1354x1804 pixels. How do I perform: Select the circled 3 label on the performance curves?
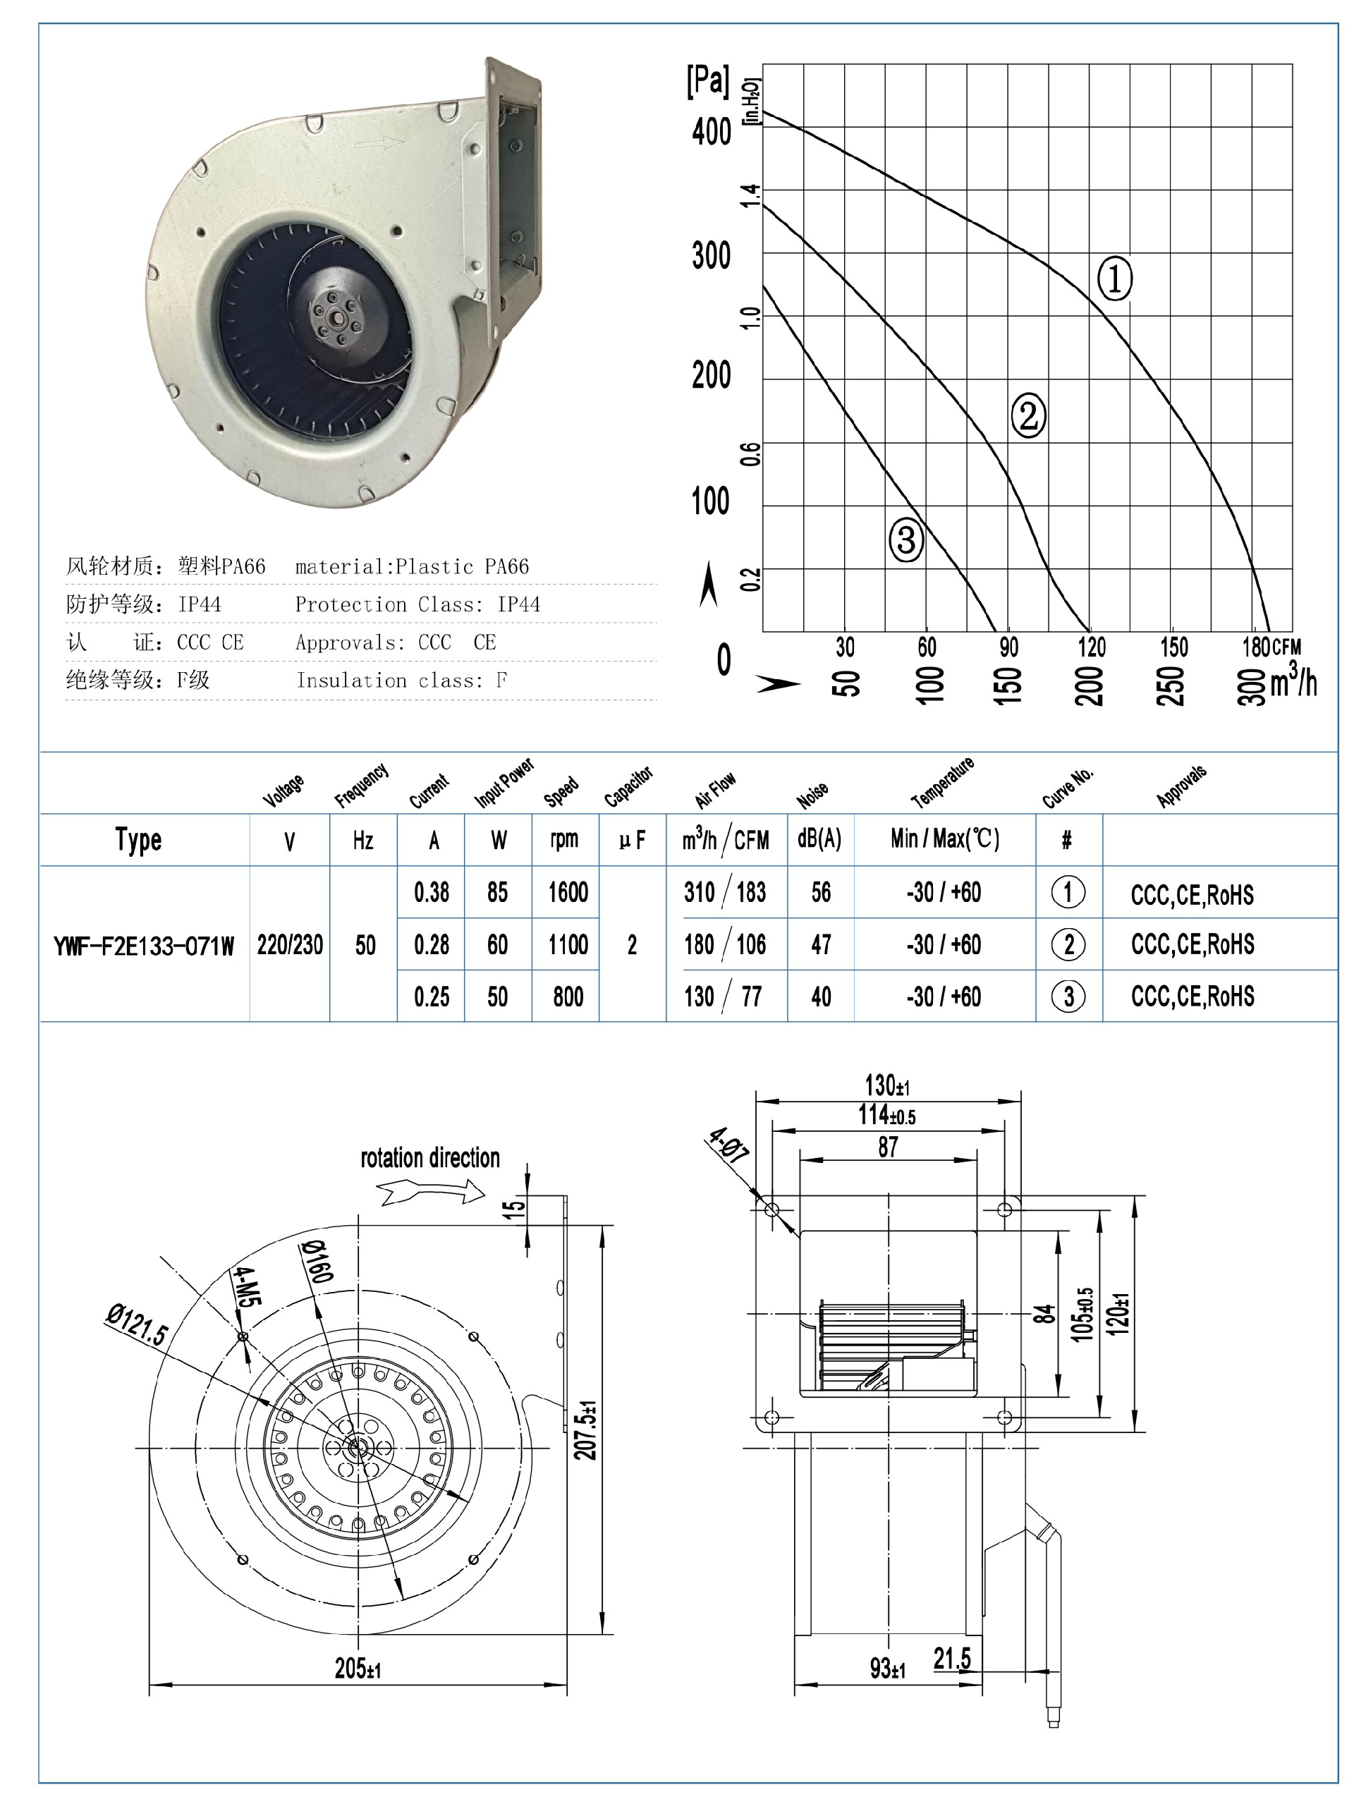coord(906,540)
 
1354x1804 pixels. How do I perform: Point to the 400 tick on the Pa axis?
coord(712,131)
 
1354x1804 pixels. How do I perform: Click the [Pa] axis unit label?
coord(707,82)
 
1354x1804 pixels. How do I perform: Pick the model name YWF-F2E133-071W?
coord(144,946)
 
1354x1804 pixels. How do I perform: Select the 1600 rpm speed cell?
coord(568,892)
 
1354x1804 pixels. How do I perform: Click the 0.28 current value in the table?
coord(432,945)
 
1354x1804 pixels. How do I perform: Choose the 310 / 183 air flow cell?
coord(725,892)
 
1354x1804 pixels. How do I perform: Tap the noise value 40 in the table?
coord(821,997)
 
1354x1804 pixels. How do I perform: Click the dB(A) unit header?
coord(819,839)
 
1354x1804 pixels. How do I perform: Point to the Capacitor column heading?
coord(629,786)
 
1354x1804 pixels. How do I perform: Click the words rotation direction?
coord(430,1158)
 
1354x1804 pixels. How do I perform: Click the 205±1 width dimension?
coord(358,1669)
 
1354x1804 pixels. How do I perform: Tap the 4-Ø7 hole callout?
coord(728,1143)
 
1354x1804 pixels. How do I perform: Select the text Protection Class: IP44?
coord(417,604)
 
